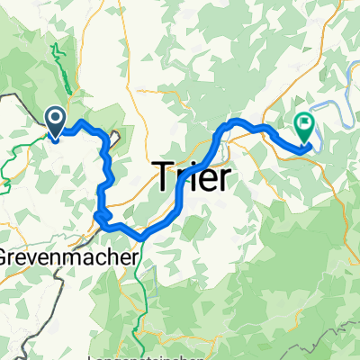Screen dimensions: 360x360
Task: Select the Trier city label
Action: coord(193,174)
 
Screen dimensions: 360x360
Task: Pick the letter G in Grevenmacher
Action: coord(7,255)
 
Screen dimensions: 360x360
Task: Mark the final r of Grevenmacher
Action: coord(136,256)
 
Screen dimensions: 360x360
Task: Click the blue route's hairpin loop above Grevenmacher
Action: coord(101,214)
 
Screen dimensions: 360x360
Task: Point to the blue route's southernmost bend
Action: coord(141,238)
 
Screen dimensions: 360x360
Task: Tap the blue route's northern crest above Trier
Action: coord(236,121)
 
